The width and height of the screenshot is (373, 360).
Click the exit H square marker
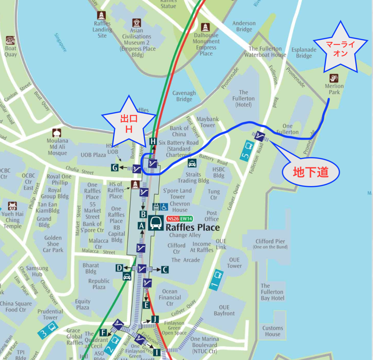[153, 141]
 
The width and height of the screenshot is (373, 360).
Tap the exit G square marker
[114, 167]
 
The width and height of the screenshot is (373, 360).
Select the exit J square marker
[155, 319]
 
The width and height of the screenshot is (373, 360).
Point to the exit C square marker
[165, 270]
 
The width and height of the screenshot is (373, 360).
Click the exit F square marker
[103, 333]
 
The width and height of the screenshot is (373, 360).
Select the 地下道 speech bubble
[310, 172]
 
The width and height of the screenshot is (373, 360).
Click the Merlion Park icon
[334, 78]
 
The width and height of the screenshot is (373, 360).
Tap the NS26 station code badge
[173, 219]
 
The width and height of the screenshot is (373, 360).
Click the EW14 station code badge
[186, 219]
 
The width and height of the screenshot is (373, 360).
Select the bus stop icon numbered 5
[247, 150]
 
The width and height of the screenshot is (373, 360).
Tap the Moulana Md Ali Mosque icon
[57, 133]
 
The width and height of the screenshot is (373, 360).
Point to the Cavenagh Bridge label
[184, 96]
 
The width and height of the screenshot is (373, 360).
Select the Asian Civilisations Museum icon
[136, 23]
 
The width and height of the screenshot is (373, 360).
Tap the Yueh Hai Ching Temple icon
[12, 206]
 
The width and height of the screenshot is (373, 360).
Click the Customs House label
[273, 331]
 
